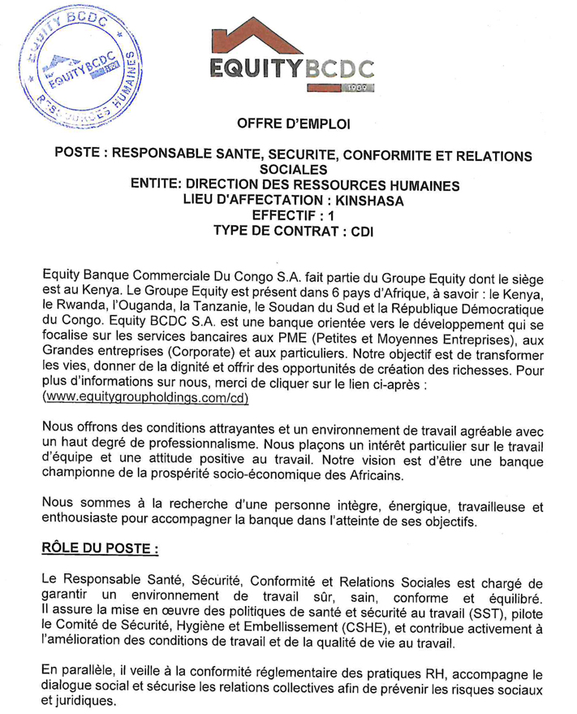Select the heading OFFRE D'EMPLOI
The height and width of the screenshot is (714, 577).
tap(290, 123)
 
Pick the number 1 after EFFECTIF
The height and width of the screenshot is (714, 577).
tap(330, 215)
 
